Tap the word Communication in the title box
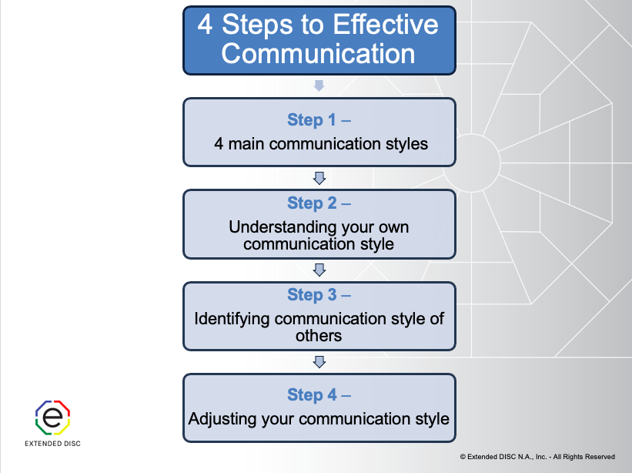coord(318,54)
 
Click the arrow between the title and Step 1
coord(319,86)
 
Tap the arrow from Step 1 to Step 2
coord(319,178)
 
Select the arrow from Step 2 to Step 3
coord(319,270)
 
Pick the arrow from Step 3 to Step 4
coord(319,361)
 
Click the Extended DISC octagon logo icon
coord(52,418)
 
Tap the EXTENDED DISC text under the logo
coord(52,444)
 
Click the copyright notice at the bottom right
coord(537,457)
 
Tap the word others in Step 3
coord(319,335)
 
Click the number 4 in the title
coord(205,25)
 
